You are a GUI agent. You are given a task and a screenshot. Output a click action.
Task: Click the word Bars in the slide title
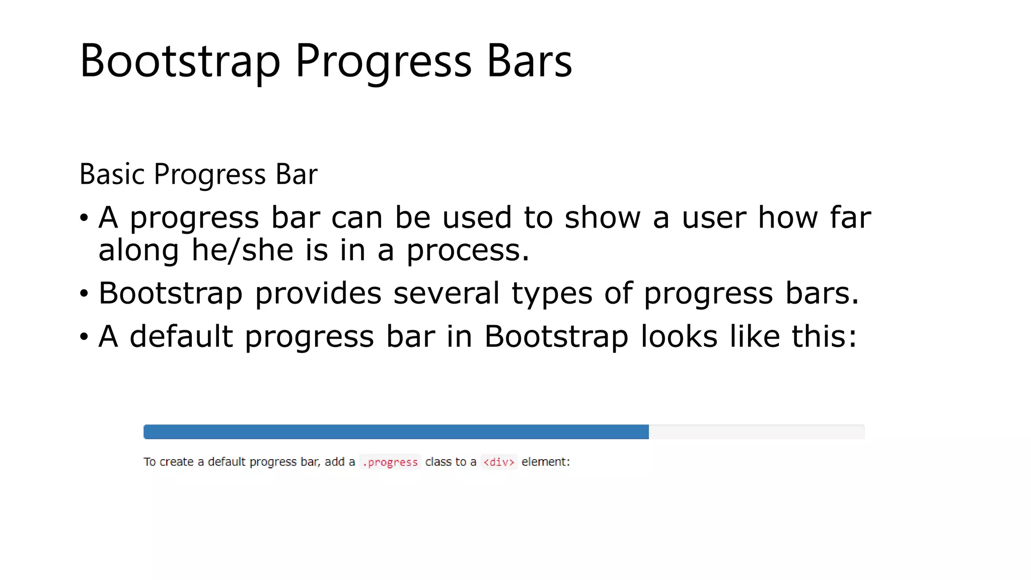(x=529, y=61)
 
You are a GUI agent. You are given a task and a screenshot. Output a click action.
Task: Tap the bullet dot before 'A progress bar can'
(x=84, y=218)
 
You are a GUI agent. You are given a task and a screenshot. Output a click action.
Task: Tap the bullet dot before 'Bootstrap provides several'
(x=84, y=294)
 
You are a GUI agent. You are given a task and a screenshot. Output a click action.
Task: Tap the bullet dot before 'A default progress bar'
(x=84, y=337)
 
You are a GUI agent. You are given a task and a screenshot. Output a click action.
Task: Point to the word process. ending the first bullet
(x=468, y=250)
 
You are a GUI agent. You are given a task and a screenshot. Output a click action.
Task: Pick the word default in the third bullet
(x=181, y=336)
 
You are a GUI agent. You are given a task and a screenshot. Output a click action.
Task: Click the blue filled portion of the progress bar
(x=396, y=432)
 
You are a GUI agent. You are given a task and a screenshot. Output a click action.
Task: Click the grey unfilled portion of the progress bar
(x=756, y=432)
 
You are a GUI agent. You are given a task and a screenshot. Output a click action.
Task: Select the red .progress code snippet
(x=390, y=462)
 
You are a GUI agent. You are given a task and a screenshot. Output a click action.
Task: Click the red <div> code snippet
(x=499, y=462)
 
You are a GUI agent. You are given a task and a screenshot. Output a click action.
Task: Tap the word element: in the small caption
(x=546, y=462)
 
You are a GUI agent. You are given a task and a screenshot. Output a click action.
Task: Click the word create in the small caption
(x=176, y=462)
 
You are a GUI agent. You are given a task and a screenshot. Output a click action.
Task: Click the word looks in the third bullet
(x=679, y=336)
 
